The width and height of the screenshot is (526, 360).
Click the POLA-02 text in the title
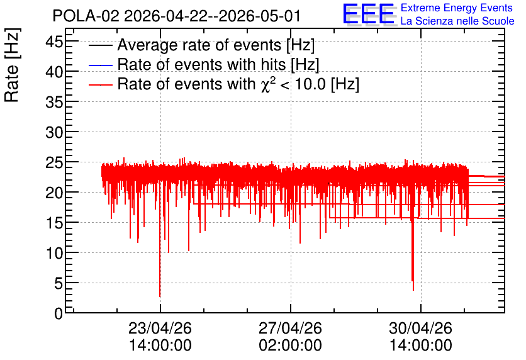pos(86,16)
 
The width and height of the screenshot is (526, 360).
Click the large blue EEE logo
pos(369,14)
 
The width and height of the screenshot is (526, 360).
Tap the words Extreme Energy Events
pos(457,8)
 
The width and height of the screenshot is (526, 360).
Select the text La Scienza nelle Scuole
pos(457,21)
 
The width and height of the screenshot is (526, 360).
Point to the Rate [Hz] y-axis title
pos(12,65)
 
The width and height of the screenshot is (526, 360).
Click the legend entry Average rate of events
pos(216,45)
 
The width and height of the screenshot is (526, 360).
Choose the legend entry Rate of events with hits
pos(218,64)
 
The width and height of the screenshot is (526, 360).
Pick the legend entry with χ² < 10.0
pos(238,84)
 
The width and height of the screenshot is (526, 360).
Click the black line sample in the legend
pos(100,45)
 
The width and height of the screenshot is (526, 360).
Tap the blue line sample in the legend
pos(100,65)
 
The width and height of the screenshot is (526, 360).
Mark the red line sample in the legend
pos(100,84)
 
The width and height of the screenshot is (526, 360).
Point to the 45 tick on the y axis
pos(54,42)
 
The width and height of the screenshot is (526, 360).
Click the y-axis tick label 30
pos(54,133)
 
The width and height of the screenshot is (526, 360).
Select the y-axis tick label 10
pos(54,253)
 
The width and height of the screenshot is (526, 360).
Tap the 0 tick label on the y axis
pos(59,313)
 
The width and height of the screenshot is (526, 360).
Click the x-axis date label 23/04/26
pos(160,328)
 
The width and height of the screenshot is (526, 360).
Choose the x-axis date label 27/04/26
pos(290,328)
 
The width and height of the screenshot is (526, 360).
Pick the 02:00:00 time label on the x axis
pos(290,345)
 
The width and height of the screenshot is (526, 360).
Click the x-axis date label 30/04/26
pos(421,328)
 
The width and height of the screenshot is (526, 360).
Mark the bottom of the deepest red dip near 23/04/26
pos(160,296)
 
